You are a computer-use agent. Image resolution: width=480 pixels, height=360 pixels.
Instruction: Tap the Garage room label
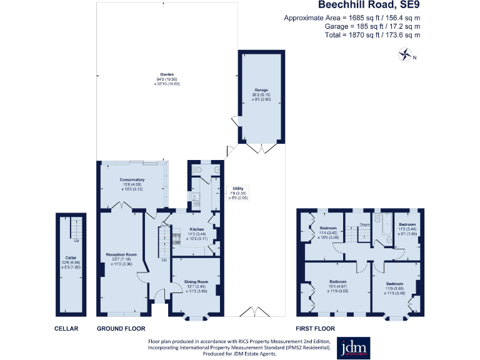pos(261,90)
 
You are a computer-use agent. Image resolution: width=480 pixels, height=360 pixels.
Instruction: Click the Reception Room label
pos(121,255)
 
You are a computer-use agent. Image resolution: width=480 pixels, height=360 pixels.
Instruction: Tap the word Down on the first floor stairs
pos(365,223)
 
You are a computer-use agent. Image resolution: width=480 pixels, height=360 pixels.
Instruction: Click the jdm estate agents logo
pos(354,348)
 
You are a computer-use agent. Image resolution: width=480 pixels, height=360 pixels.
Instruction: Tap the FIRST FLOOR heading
pos(315,328)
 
